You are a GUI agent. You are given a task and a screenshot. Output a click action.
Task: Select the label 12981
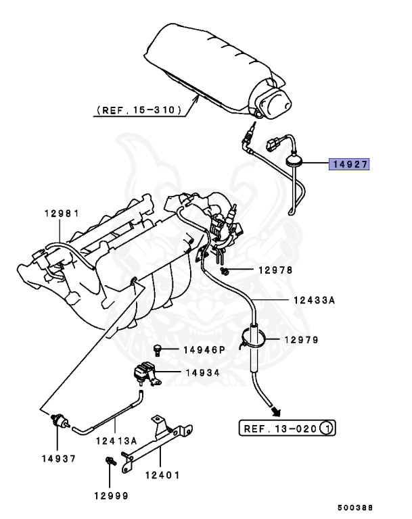[x=62, y=213]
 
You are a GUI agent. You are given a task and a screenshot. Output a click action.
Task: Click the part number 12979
[x=301, y=340]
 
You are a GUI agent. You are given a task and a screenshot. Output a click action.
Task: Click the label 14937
[x=58, y=458]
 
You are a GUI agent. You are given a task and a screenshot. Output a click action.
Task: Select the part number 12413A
[x=117, y=440]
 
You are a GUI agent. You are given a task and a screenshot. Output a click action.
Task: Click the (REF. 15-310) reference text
[x=138, y=109]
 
